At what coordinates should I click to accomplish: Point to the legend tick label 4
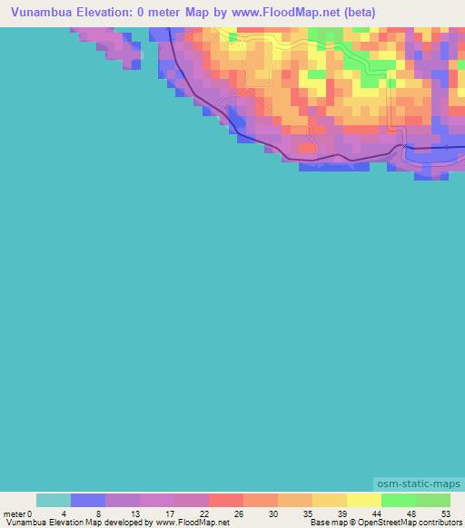click(x=64, y=513)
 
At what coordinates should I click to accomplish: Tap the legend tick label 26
click(x=238, y=513)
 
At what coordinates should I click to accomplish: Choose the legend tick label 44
click(x=378, y=513)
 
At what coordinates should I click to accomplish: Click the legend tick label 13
click(x=134, y=513)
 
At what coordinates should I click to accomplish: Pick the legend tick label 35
click(x=308, y=513)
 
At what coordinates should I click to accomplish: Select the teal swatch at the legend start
click(x=54, y=500)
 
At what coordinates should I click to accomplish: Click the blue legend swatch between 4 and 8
click(x=88, y=500)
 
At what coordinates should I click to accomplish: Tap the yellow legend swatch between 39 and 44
click(x=364, y=500)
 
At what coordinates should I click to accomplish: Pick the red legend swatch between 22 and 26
click(x=226, y=500)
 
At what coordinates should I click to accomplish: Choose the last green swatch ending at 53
click(x=433, y=500)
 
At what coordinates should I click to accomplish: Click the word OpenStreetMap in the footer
click(x=379, y=523)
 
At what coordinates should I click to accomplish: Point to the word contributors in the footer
click(x=436, y=523)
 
